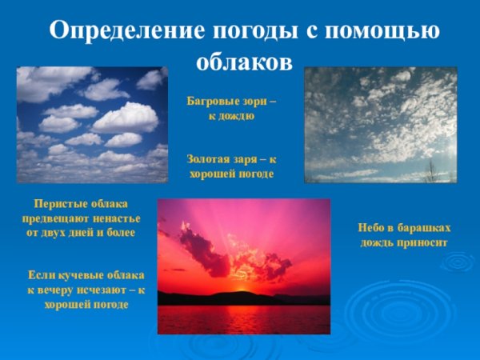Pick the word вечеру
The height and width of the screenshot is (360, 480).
[x=50, y=290]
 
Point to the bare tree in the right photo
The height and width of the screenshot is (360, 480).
[x=431, y=170]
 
